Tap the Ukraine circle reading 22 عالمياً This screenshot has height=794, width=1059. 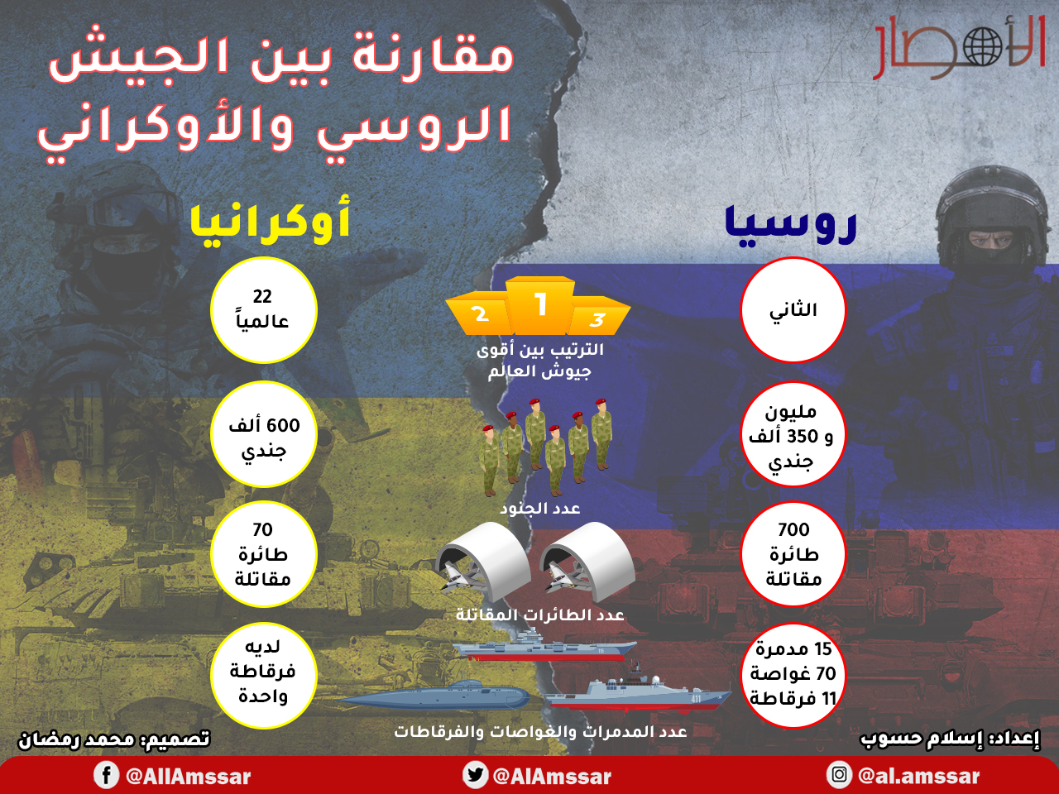click(x=263, y=310)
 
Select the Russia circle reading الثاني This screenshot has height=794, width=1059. click(x=793, y=309)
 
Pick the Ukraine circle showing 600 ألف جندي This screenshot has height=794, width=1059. click(x=263, y=434)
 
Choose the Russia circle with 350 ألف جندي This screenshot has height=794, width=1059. click(x=793, y=434)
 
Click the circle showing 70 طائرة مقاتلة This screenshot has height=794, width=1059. click(x=263, y=554)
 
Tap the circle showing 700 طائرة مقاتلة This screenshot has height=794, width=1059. click(x=793, y=554)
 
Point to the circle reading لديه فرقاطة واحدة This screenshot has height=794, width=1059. click(x=263, y=674)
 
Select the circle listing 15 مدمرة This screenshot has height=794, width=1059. click(x=793, y=674)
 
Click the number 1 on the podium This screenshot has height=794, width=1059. click(x=541, y=304)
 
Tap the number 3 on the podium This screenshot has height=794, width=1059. click(x=597, y=319)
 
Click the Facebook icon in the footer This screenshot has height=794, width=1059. click(x=106, y=775)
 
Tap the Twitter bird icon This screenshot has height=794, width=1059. click(x=474, y=775)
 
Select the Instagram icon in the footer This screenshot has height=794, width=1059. click(x=839, y=775)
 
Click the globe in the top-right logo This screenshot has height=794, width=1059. click(x=982, y=47)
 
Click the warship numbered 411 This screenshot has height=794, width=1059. click(x=638, y=691)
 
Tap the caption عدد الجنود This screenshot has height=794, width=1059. click(x=540, y=509)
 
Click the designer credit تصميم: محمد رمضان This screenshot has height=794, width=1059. click(x=114, y=739)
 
